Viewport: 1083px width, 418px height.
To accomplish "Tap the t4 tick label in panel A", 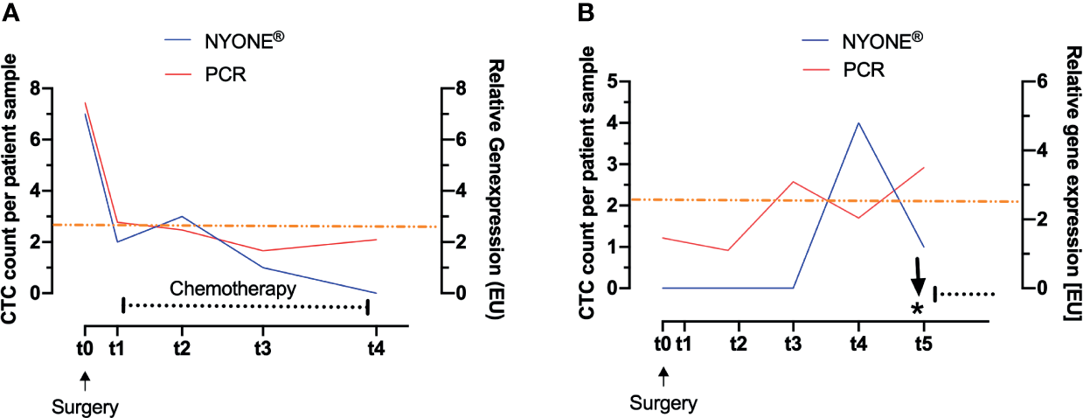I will (x=375, y=347).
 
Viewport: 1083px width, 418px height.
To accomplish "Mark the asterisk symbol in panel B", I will (x=916, y=310).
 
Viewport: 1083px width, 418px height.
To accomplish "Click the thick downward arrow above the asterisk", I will (x=918, y=276).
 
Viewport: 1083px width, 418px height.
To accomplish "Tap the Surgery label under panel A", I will (x=86, y=407).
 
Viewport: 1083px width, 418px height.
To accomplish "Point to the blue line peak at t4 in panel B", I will (x=858, y=123).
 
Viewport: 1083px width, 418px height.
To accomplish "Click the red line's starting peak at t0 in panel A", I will (x=85, y=103).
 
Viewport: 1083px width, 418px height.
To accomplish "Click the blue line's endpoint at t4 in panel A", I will (x=375, y=292).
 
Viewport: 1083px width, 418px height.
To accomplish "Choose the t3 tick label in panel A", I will (x=262, y=347).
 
